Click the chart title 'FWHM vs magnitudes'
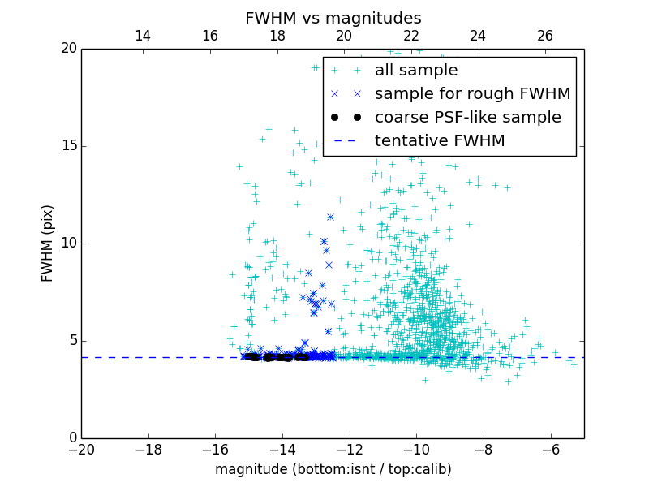(333, 18)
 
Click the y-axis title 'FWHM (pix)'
(48, 243)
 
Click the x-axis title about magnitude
(333, 469)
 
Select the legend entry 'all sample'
(416, 71)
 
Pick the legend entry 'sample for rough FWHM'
(473, 94)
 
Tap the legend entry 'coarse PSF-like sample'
(468, 118)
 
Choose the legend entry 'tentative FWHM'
(440, 141)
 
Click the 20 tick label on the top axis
(344, 36)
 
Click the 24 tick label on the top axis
(478, 36)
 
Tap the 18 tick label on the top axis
(277, 36)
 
